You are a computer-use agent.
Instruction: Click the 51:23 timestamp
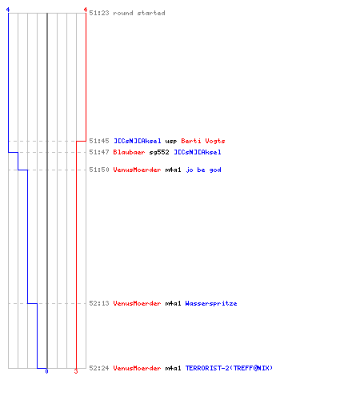[x=99, y=13]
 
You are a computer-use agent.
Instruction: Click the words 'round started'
[x=139, y=13]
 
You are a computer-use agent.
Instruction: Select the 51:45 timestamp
[x=99, y=141]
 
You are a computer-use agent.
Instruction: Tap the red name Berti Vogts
[x=203, y=141]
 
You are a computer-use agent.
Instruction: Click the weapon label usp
[x=171, y=142]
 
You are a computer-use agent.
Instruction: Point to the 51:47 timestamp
[x=99, y=152]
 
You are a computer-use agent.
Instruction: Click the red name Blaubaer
[x=129, y=152]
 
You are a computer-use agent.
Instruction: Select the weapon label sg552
[x=159, y=152]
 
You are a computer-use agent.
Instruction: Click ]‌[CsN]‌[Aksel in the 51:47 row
[x=198, y=152]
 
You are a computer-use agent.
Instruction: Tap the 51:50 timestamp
[x=99, y=170]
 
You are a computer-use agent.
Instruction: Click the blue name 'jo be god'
[x=203, y=170]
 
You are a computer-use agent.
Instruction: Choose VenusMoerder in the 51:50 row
[x=137, y=170]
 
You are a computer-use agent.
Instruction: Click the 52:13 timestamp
[x=99, y=303]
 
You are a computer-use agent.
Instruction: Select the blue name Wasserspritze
[x=211, y=303]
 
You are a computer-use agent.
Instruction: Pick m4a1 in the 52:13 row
[x=173, y=303]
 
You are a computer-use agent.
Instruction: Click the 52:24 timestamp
[x=99, y=368]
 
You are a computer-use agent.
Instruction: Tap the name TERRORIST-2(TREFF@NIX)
[x=229, y=368]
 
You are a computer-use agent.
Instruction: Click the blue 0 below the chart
[x=46, y=371]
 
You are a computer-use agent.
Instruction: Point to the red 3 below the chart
[x=76, y=371]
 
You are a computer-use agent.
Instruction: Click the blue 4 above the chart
[x=8, y=10]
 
